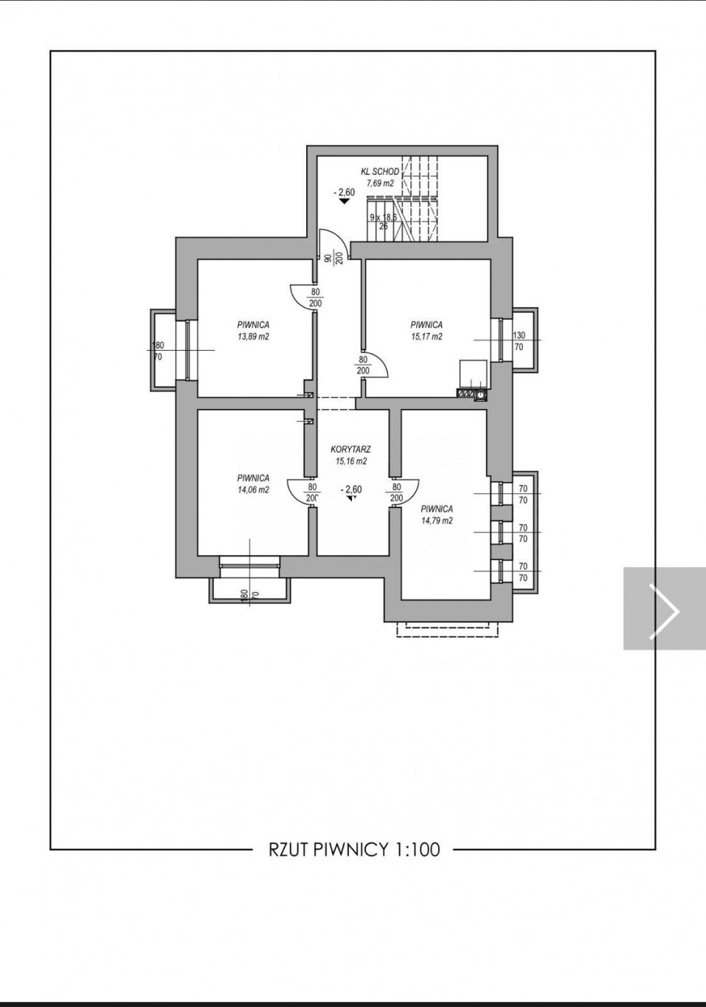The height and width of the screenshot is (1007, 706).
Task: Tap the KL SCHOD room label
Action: (x=379, y=171)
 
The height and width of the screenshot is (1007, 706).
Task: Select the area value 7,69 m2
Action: (x=381, y=183)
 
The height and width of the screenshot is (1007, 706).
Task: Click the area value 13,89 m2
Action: (x=253, y=336)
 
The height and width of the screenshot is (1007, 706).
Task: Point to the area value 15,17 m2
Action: (x=426, y=336)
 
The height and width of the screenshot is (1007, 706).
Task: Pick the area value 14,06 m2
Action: (x=253, y=490)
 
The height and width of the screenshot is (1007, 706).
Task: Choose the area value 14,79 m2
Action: (x=437, y=521)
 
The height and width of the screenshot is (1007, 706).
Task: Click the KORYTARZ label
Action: (x=350, y=449)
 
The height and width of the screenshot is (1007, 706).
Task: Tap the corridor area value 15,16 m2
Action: (x=351, y=461)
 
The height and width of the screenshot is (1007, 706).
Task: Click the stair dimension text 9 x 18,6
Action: (x=384, y=217)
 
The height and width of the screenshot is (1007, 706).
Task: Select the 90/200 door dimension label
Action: (x=333, y=259)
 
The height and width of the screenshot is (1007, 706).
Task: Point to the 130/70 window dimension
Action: (x=519, y=341)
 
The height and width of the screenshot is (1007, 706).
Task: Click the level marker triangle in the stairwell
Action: (x=345, y=202)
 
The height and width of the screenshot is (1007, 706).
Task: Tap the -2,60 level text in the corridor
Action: (x=350, y=490)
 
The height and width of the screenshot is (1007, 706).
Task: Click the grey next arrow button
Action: (x=664, y=608)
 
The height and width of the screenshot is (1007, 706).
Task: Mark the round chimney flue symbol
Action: (x=481, y=395)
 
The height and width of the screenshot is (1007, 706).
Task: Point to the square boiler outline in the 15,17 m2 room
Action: (x=474, y=373)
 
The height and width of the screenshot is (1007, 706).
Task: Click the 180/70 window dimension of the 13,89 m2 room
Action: (x=158, y=351)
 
